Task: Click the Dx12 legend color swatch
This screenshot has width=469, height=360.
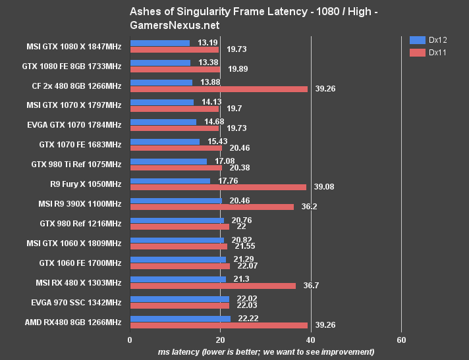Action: pyautogui.click(x=417, y=39)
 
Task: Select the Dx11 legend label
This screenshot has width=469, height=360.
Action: pyautogui.click(x=438, y=53)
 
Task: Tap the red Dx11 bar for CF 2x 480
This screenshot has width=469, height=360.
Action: pyautogui.click(x=219, y=89)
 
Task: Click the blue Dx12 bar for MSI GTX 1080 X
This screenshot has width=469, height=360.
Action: pyautogui.click(x=160, y=43)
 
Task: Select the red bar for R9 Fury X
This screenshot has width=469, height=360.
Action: pyautogui.click(x=218, y=187)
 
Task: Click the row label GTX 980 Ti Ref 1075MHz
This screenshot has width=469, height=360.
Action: pyautogui.click(x=76, y=164)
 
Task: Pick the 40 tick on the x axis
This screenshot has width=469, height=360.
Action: pyautogui.click(x=311, y=340)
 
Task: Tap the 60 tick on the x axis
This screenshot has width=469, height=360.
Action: pyautogui.click(x=401, y=340)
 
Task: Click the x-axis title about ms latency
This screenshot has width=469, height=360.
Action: pyautogui.click(x=266, y=352)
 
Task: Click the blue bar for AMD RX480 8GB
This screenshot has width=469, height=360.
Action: pyautogui.click(x=180, y=319)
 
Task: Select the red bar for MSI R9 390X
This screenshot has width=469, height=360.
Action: pyautogui.click(x=212, y=207)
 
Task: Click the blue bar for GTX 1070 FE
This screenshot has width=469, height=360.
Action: pyautogui.click(x=165, y=141)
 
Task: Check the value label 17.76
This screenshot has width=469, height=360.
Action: pyautogui.click(x=223, y=180)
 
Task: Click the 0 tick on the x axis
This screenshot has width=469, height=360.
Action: pyautogui.click(x=130, y=340)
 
